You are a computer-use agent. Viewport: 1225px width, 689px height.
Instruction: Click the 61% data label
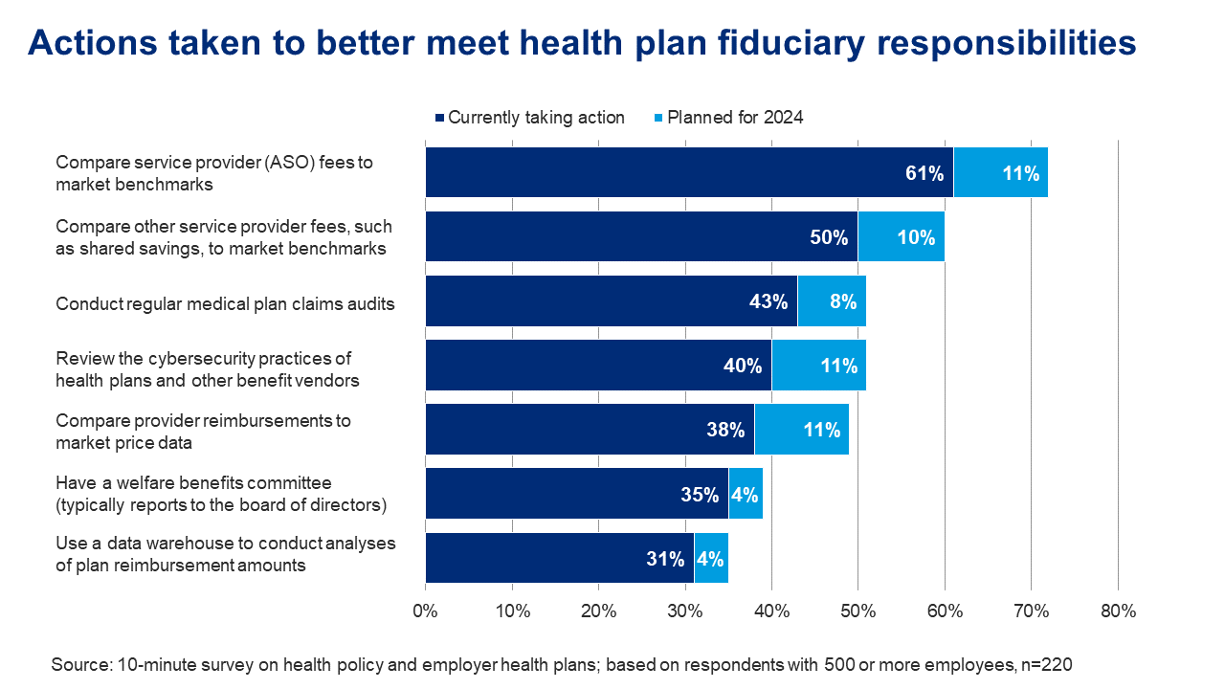coord(924,173)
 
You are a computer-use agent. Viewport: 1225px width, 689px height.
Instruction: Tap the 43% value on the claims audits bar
coord(768,301)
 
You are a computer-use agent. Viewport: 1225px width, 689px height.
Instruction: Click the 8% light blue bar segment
coord(832,301)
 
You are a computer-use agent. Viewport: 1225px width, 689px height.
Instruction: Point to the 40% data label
coord(743,366)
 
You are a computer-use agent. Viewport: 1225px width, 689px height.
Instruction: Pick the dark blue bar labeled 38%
coord(589,430)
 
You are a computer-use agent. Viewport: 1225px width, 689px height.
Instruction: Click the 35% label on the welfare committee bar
coord(700,495)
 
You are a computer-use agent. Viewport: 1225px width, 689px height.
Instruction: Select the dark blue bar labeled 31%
coord(559,559)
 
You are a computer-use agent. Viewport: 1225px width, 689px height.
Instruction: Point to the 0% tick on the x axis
coord(425,611)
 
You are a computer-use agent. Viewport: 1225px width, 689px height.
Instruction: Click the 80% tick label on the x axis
coord(1118,611)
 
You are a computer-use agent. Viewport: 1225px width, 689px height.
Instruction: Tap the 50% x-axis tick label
coord(857,611)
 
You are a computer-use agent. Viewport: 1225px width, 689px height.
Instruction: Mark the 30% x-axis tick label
coord(684,611)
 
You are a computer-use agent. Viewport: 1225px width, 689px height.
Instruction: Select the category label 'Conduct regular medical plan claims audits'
coord(225,303)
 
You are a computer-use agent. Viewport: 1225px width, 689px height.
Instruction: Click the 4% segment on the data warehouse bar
coord(711,559)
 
